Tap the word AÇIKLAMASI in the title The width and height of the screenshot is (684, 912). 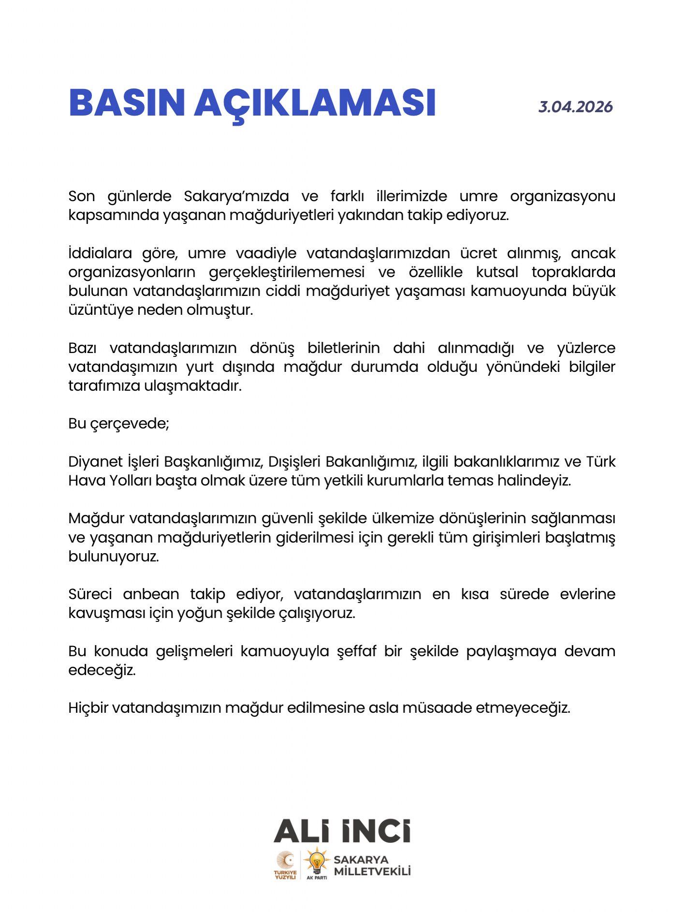[x=315, y=103]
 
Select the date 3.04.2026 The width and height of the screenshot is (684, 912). [x=575, y=106]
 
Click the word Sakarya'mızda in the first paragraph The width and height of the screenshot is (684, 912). [x=236, y=196]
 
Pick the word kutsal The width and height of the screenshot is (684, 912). [x=497, y=272]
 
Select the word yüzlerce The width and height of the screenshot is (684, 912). [x=586, y=348]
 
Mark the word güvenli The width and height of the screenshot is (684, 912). [x=287, y=518]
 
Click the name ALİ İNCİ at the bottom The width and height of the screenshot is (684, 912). [x=342, y=831]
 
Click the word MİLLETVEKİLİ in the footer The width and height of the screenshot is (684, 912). [x=372, y=871]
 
